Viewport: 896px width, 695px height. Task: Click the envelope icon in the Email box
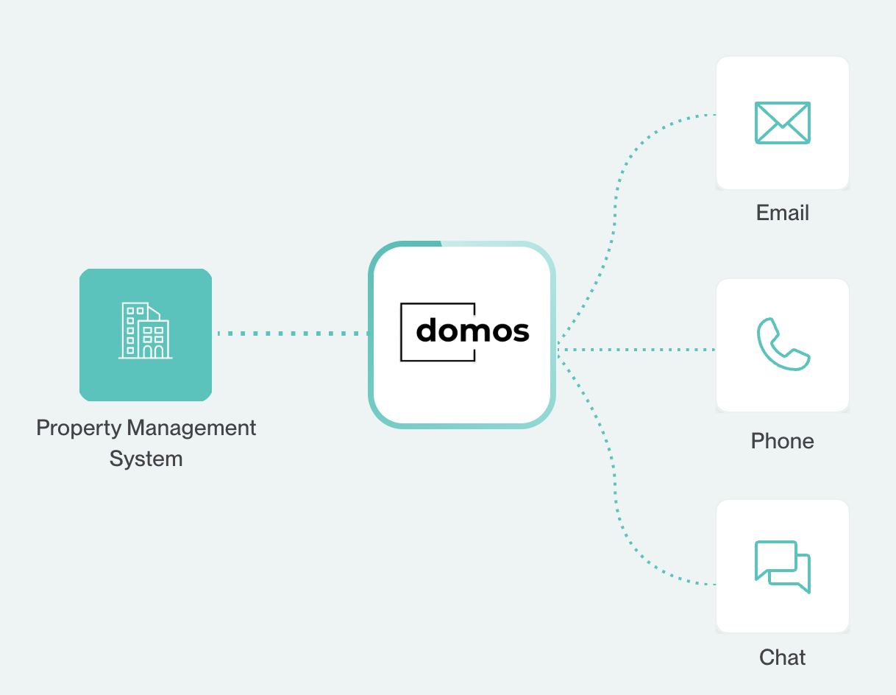[782, 122]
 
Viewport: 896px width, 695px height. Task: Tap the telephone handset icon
[782, 345]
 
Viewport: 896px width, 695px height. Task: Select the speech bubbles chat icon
[782, 566]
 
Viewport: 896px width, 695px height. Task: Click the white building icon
[146, 331]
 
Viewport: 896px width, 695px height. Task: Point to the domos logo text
[472, 331]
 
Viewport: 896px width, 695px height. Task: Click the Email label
[782, 213]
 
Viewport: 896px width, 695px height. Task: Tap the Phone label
[782, 441]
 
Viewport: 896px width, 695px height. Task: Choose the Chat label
[782, 657]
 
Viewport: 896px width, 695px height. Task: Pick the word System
[146, 459]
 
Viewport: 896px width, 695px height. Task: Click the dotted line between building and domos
[291, 334]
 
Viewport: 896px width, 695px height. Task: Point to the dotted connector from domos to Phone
[636, 350]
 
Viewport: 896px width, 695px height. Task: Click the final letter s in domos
[520, 333]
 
